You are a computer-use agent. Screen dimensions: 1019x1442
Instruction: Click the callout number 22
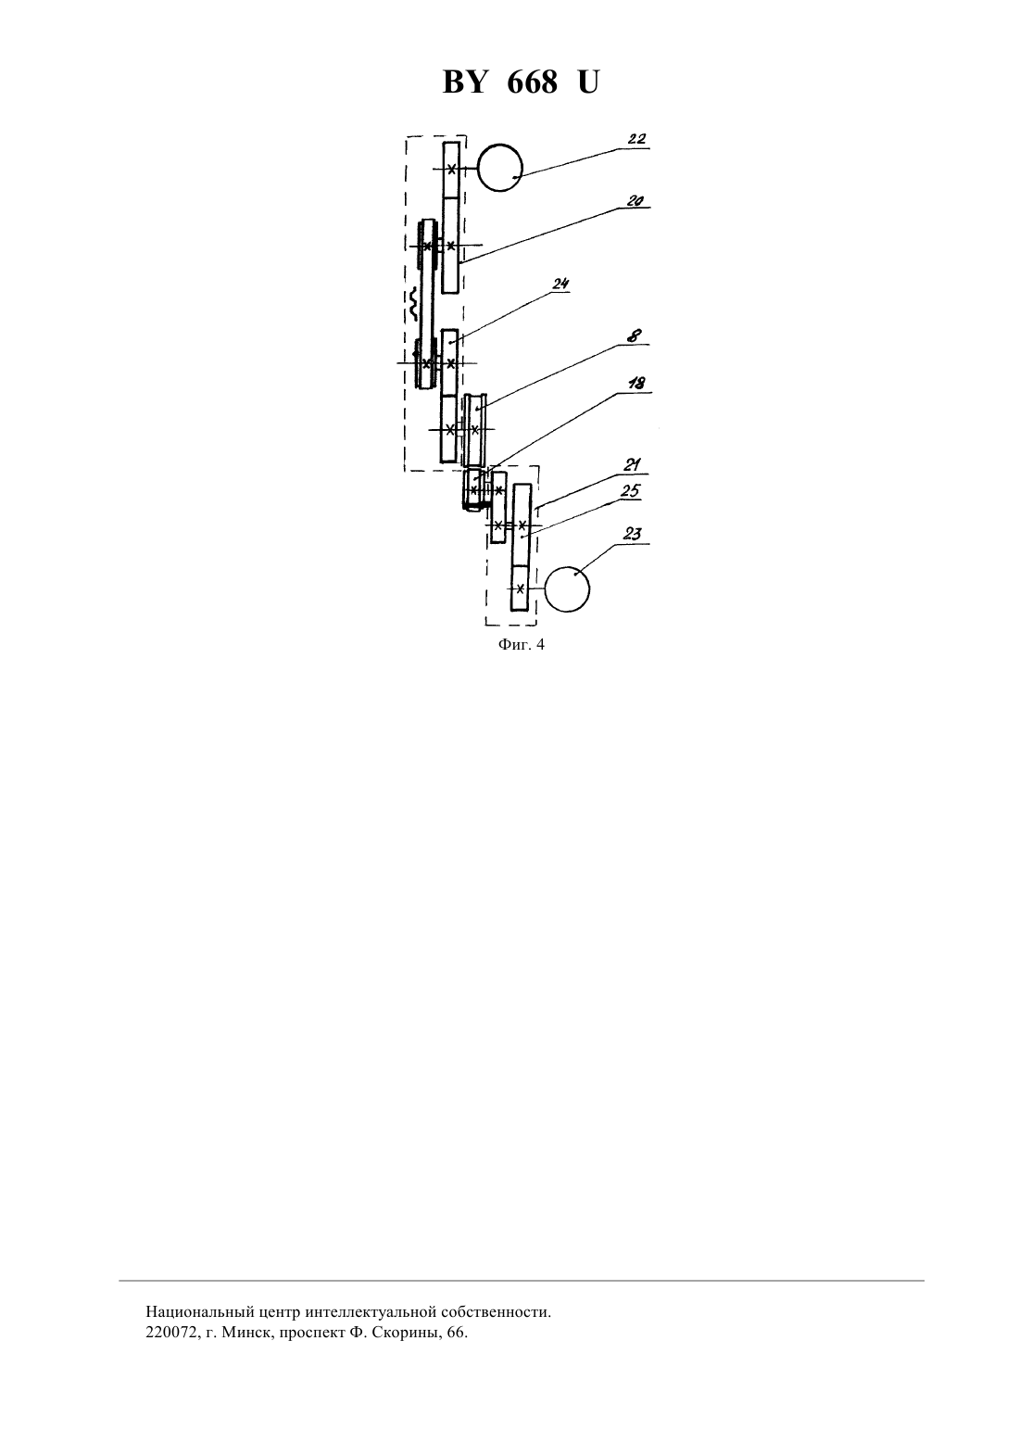click(636, 140)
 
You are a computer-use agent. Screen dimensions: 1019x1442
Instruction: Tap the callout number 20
click(635, 201)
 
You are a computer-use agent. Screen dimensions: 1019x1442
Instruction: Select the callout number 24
click(560, 284)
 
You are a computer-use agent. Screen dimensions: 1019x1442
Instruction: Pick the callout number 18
click(636, 383)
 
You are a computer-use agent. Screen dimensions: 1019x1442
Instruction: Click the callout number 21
click(632, 465)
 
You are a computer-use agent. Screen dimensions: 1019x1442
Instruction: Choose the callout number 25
click(631, 491)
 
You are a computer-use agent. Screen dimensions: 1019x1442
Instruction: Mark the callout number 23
click(633, 535)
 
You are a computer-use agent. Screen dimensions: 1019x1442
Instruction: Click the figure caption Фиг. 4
click(521, 644)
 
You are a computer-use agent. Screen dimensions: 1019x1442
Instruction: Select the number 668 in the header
click(532, 82)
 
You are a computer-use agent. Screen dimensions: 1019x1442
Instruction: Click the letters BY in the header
click(464, 82)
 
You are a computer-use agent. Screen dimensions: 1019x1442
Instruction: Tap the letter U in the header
click(588, 82)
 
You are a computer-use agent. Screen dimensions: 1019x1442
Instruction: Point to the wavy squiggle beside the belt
click(414, 305)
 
